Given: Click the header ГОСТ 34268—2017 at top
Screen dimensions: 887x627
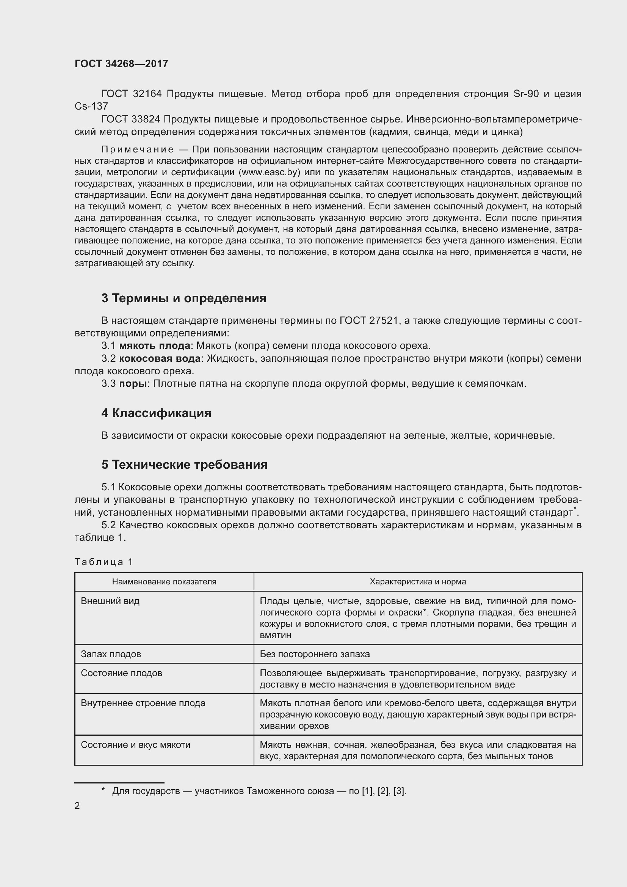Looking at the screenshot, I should (121, 64).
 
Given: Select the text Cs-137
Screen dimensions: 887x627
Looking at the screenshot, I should (91, 106).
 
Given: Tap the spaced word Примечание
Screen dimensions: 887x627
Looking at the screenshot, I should (138, 149).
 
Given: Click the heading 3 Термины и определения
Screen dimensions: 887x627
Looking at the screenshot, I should (184, 298).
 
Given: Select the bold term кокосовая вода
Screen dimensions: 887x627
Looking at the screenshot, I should (160, 358).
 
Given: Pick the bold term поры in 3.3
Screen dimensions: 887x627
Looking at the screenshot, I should (133, 384).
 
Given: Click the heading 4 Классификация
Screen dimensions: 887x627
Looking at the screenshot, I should (156, 413).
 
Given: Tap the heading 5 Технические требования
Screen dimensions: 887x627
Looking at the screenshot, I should (184, 465).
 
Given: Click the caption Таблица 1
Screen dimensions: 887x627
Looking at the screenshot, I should (103, 562).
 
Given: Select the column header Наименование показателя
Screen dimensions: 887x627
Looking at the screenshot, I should (164, 581).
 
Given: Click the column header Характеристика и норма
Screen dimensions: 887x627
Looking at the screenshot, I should (418, 581).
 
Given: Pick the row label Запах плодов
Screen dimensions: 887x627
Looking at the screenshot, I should (111, 654).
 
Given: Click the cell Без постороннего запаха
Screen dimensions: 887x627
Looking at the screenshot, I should (315, 654).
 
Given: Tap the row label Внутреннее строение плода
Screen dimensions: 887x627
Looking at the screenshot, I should (143, 703).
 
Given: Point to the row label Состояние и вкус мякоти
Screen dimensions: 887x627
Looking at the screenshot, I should (135, 745).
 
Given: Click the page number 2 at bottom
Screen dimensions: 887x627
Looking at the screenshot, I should (77, 805).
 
